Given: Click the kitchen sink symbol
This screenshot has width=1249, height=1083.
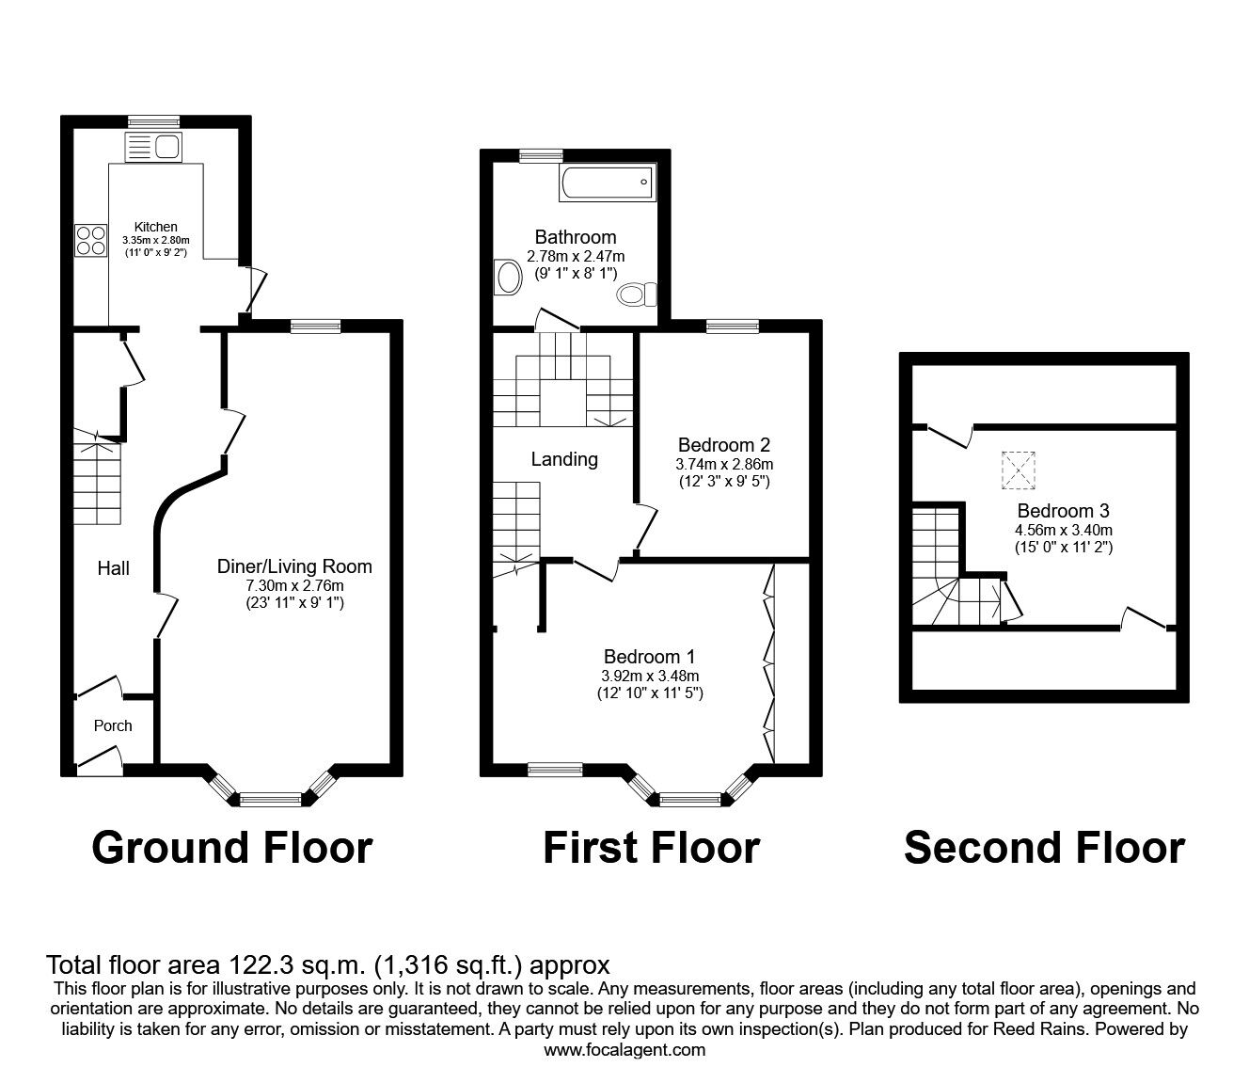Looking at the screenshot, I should click(x=153, y=147).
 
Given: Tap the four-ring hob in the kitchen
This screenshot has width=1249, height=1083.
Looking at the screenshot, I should click(x=91, y=240).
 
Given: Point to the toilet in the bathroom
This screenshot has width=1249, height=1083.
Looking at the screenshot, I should click(x=639, y=295).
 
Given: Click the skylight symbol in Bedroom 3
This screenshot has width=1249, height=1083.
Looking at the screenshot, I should click(x=1019, y=470).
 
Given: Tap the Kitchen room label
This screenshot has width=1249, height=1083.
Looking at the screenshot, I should click(x=156, y=227).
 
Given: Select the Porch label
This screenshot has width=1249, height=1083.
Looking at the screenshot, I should click(x=113, y=725).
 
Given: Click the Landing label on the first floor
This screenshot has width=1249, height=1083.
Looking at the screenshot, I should click(x=564, y=459).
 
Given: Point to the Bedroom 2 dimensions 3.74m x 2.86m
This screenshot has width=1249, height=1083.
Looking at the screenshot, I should click(x=724, y=464).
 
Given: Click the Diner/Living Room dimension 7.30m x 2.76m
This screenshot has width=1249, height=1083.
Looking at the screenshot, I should click(x=294, y=585).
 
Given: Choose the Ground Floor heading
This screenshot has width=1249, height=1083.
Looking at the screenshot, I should click(x=232, y=847).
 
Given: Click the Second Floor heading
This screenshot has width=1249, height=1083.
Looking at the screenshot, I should click(x=1044, y=847).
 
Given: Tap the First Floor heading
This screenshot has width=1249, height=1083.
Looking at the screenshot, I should click(x=651, y=847).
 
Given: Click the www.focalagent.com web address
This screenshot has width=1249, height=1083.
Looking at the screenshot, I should click(x=624, y=1050).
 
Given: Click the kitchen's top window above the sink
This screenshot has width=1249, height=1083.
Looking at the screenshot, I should click(x=153, y=120).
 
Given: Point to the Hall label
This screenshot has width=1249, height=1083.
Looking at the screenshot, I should click(x=114, y=568).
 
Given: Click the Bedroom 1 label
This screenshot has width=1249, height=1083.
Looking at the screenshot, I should click(x=650, y=657).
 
